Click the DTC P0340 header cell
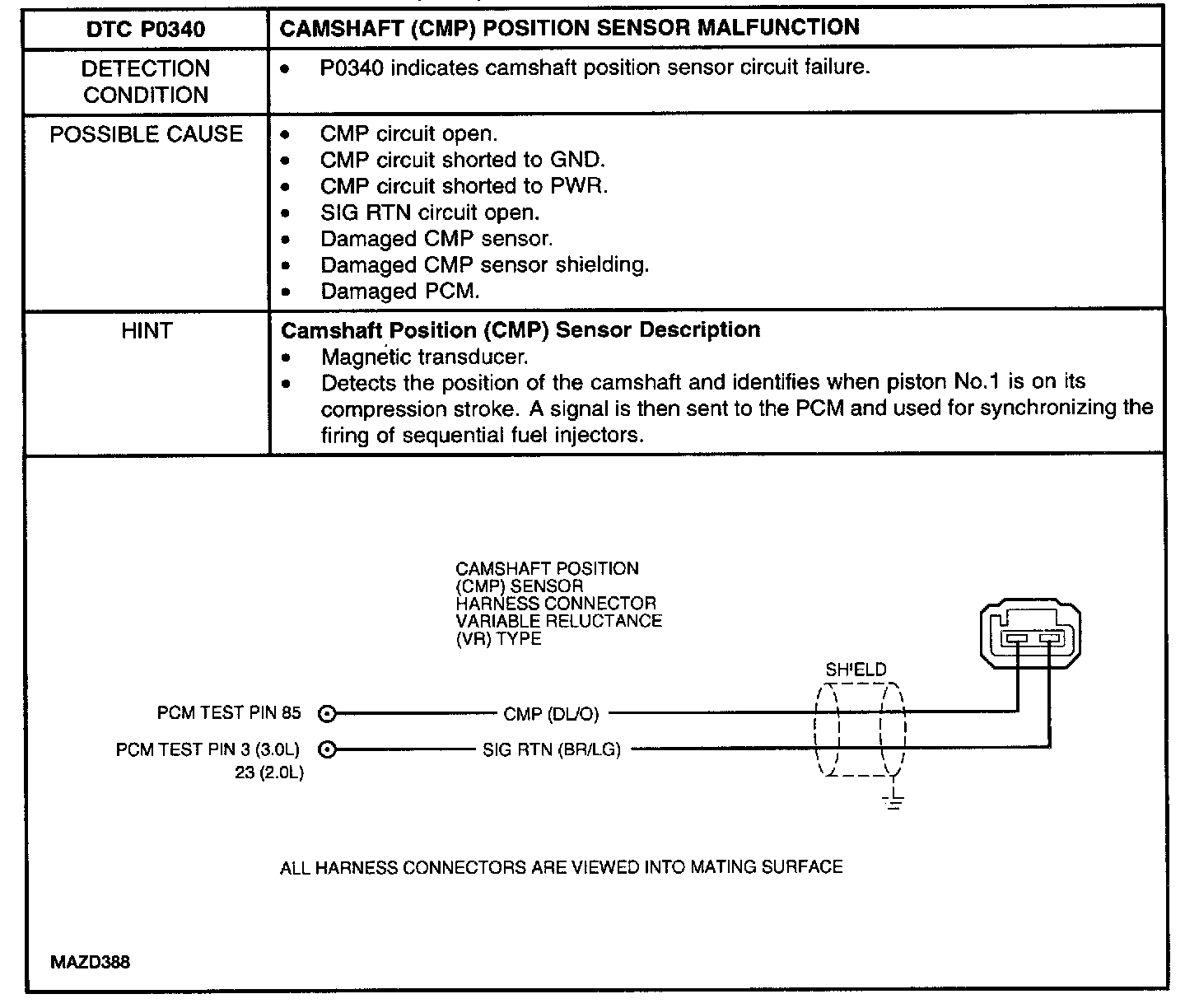coord(146,30)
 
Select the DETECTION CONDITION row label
coord(146,82)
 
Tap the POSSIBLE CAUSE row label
coord(146,134)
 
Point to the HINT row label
coord(146,331)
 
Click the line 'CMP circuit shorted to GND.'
coord(462,160)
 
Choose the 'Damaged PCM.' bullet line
coord(399,292)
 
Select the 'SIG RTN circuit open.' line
coord(429,212)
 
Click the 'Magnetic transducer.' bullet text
coord(424,357)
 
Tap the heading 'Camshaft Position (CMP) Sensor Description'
coord(520,330)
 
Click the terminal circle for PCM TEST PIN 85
coord(327,713)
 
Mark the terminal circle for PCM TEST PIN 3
coord(327,749)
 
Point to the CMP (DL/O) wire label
coord(551,713)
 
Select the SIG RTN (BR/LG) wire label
coord(552,749)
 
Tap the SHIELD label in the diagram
coord(856,670)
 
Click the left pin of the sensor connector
coord(1016,638)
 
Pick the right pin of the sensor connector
coord(1049,638)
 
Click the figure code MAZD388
coord(90,962)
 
